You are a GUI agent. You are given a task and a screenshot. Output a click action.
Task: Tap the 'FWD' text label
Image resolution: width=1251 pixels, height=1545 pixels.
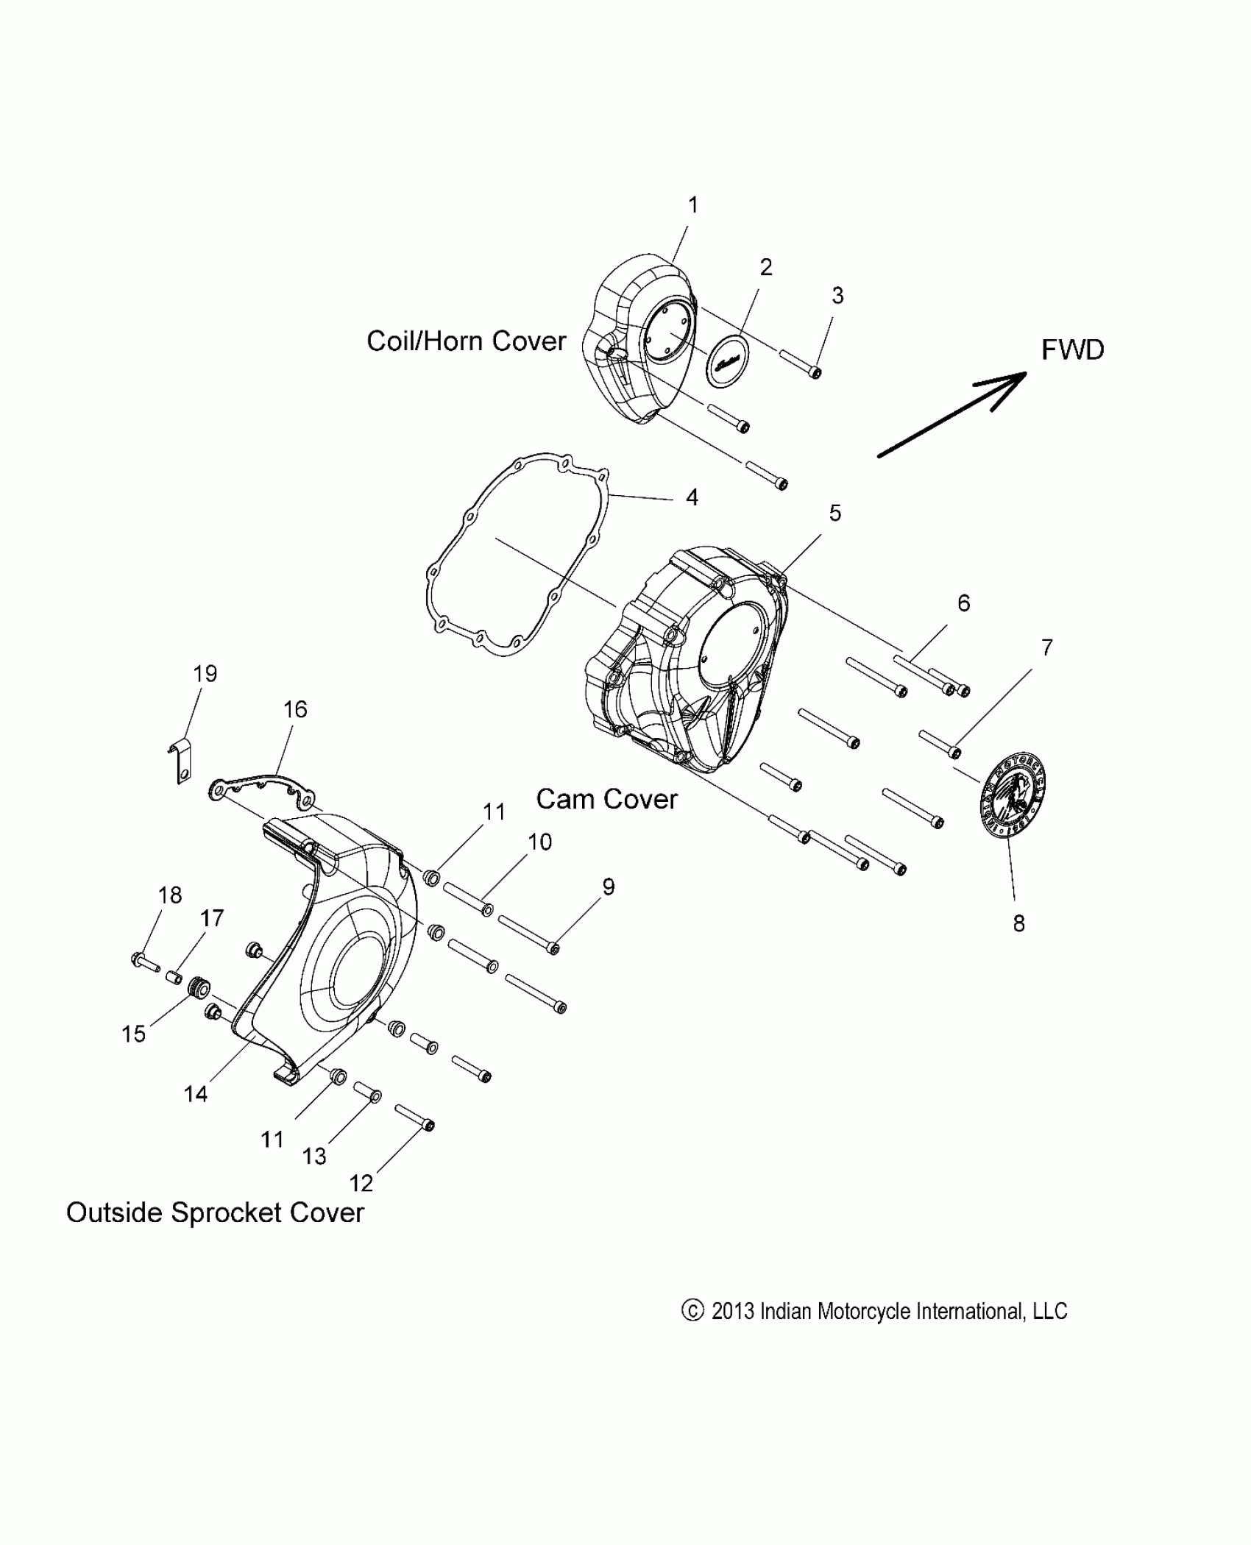click(1072, 350)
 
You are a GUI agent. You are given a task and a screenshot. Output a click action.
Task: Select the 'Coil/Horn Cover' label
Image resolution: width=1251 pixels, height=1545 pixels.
click(467, 341)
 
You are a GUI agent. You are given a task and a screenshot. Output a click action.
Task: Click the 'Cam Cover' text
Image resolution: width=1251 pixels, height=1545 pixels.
click(606, 799)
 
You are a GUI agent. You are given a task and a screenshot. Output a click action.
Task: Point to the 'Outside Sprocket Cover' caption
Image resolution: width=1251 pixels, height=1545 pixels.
click(215, 1212)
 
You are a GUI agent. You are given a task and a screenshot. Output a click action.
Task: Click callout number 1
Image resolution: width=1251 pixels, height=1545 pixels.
click(692, 205)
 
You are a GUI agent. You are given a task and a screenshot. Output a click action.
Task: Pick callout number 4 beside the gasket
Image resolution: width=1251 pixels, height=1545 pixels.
click(691, 497)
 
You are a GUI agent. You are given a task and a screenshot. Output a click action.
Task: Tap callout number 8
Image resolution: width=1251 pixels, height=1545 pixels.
click(1018, 923)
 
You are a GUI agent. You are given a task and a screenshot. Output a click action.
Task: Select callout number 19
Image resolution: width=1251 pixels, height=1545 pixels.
click(205, 673)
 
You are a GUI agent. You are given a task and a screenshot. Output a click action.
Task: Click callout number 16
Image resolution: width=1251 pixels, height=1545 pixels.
click(294, 709)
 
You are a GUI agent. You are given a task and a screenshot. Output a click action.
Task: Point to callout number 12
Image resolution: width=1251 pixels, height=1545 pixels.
click(361, 1183)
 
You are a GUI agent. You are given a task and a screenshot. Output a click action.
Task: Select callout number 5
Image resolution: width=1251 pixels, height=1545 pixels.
click(834, 513)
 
